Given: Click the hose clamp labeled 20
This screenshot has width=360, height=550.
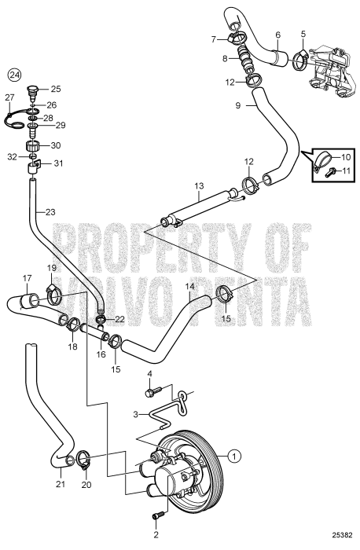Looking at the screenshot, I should (87, 457).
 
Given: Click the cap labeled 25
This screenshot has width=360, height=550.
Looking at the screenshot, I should (33, 89).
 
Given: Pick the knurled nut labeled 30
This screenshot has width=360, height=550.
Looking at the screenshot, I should (33, 146).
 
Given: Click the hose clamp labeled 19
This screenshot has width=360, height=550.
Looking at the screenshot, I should (54, 297).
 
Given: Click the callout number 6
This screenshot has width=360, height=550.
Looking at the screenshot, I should (277, 35).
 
